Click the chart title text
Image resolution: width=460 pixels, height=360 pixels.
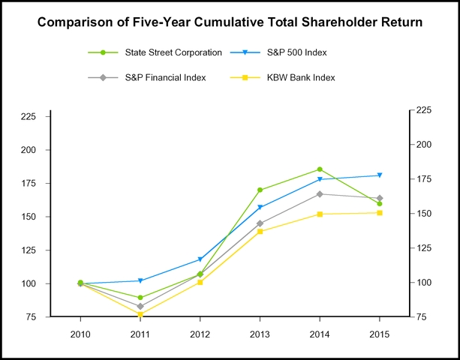pos(230,22)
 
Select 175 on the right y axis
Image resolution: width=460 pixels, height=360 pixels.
pos(425,179)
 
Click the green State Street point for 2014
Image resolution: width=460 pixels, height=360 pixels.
pos(320,169)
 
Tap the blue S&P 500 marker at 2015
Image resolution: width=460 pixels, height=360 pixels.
pos(380,175)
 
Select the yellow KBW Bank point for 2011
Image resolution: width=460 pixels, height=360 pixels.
pos(140,314)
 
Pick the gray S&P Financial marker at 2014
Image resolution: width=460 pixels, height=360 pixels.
pos(320,194)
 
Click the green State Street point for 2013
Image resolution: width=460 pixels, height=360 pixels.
pos(260,190)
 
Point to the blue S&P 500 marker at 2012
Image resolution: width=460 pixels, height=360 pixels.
pos(200,259)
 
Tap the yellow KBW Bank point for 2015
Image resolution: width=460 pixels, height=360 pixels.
pos(380,213)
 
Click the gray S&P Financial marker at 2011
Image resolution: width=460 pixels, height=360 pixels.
pos(140,306)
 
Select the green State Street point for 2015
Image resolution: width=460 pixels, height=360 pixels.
pos(380,203)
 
